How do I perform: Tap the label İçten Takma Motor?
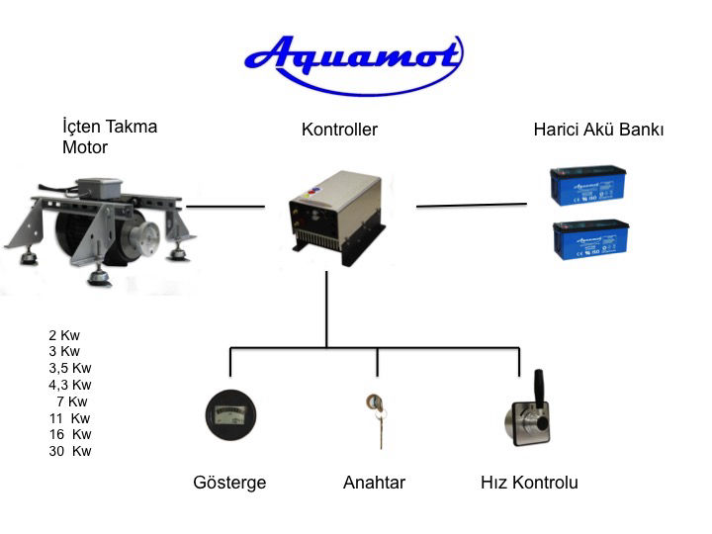pos(109,136)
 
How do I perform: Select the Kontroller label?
pos(339,130)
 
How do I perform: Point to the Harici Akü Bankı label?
pos(598,130)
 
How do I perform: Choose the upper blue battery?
pos(588,186)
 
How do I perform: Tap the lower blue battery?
pos(590,240)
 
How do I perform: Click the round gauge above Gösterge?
pos(230,415)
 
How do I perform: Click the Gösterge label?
pos(229,484)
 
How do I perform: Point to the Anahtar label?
pos(374,484)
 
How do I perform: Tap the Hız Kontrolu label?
pos(528,484)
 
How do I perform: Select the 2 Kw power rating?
pos(64,335)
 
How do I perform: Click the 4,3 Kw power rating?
pos(69,385)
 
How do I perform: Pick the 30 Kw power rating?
pos(69,451)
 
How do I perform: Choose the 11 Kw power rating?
pos(69,418)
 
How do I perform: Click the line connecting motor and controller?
pos(225,207)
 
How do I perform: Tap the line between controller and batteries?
pos(471,206)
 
